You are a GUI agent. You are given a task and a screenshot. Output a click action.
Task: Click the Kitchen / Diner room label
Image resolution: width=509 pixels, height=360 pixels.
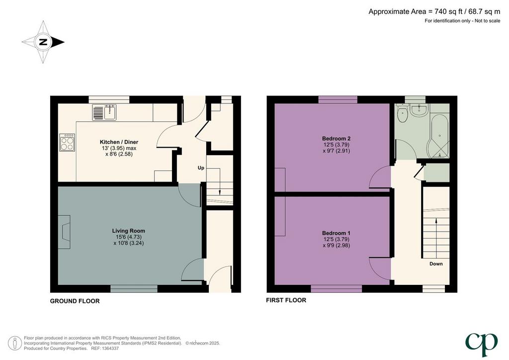pyautogui.click(x=119, y=142)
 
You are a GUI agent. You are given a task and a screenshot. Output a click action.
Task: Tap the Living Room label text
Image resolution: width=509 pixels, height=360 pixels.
pyautogui.click(x=129, y=231)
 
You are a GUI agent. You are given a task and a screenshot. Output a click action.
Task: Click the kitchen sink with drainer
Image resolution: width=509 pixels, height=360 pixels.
pyautogui.click(x=104, y=112)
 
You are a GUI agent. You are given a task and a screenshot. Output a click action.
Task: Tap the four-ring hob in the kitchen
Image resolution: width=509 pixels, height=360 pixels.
pyautogui.click(x=67, y=143)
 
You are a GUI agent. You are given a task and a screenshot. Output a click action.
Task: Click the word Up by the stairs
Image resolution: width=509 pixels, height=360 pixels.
pyautogui.click(x=201, y=168)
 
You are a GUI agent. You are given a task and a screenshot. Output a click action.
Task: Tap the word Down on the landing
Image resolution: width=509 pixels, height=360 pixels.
pyautogui.click(x=436, y=264)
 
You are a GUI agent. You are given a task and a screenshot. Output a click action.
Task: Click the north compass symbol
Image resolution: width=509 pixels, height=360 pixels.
pyautogui.click(x=43, y=42)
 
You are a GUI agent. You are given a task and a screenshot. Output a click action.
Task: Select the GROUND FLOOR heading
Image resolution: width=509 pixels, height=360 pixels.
pyautogui.click(x=75, y=301)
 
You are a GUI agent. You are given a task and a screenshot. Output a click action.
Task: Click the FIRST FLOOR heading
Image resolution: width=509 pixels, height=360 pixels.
pyautogui.click(x=286, y=300)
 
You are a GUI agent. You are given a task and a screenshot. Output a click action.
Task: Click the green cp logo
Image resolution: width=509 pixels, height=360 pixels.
pyautogui.click(x=481, y=344)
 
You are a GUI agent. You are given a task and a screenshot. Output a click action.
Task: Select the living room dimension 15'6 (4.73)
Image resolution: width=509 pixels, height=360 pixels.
pyautogui.click(x=129, y=237)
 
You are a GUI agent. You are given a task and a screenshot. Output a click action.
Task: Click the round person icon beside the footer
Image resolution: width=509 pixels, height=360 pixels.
pyautogui.click(x=14, y=343)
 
